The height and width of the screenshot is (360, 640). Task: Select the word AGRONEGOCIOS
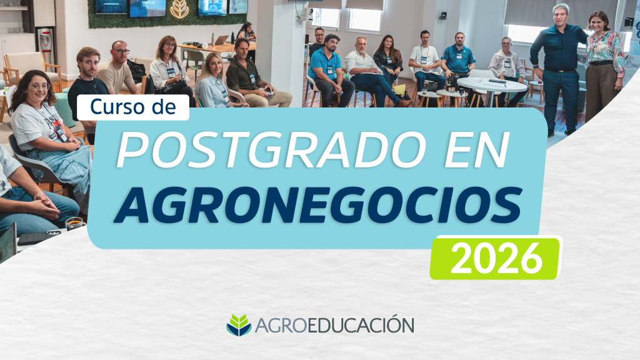coord(318,204)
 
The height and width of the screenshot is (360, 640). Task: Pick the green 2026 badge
coord(496,258)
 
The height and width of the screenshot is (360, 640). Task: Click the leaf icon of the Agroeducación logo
coord(239,325)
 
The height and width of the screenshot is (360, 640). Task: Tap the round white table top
coord(492,84)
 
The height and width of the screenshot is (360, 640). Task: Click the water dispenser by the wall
coord(45,45)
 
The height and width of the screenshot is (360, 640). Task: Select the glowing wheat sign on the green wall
coord(179,9)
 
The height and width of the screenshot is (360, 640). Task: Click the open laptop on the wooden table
coord(221,40)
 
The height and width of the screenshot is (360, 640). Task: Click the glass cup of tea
coord(76,224)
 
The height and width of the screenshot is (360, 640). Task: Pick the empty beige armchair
coord(31,67)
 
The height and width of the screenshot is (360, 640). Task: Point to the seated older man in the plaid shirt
coord(507,69)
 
